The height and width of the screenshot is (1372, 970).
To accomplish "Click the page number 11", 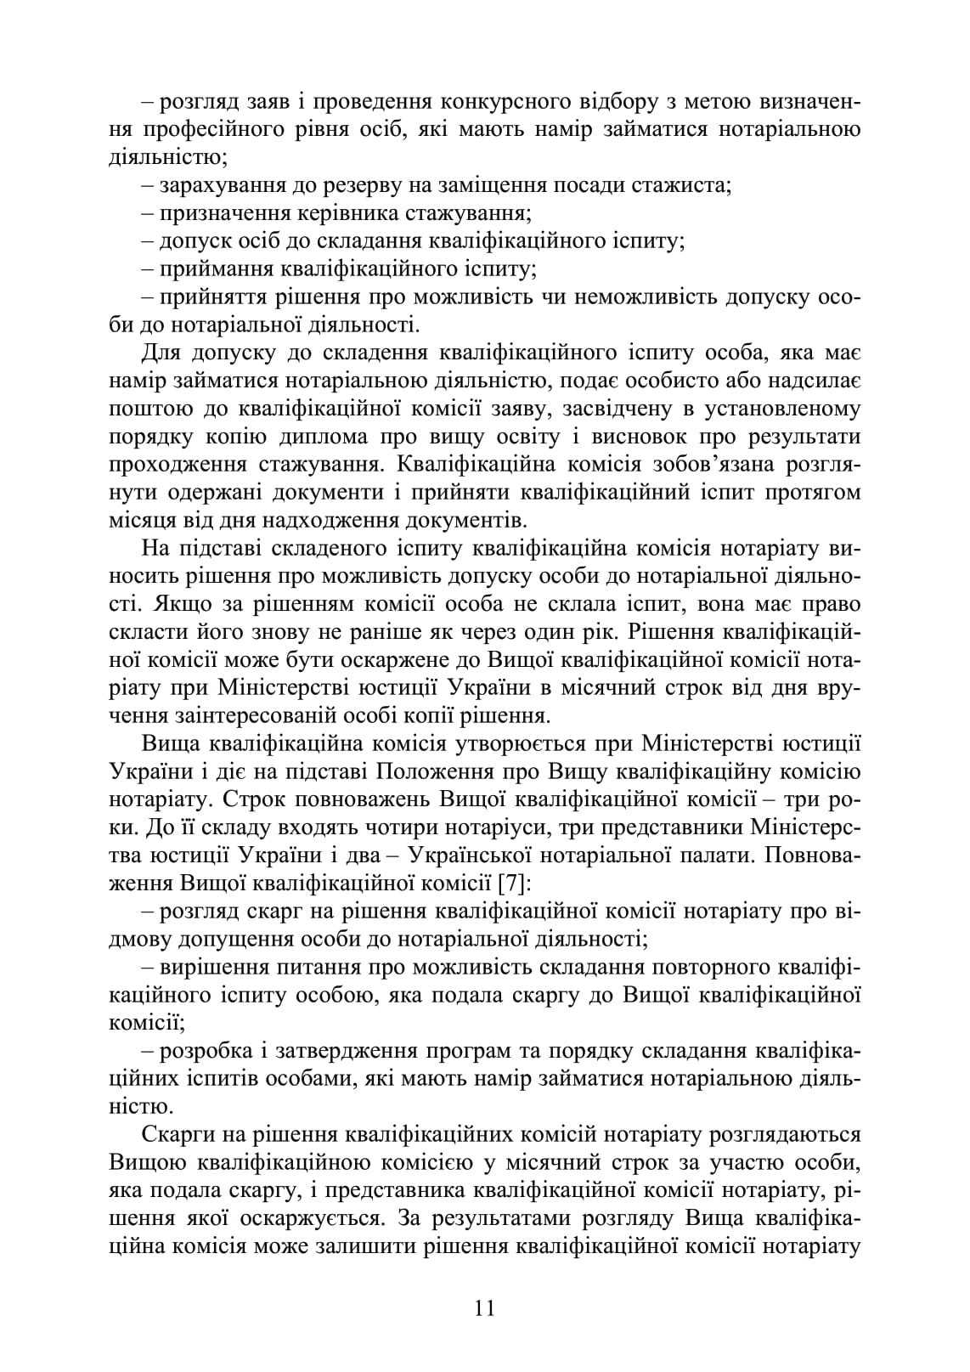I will [x=485, y=1307].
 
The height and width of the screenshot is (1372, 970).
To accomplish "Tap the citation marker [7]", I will [x=515, y=883].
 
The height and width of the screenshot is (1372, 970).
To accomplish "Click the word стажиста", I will [x=681, y=185].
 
